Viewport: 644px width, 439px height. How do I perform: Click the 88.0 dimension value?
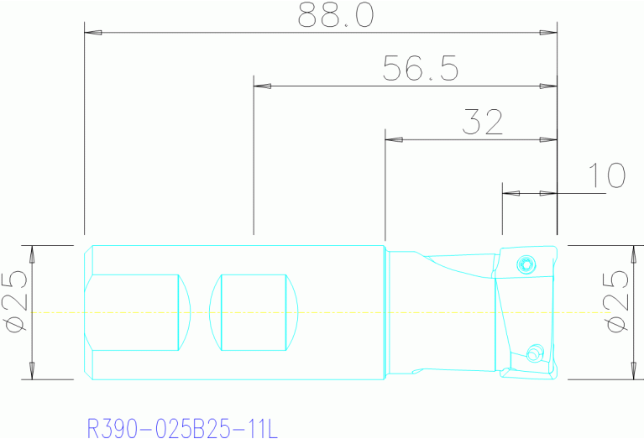pyautogui.click(x=336, y=16)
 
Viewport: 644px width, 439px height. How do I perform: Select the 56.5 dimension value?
pyautogui.click(x=420, y=69)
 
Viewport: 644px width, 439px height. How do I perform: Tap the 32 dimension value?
pyautogui.click(x=481, y=123)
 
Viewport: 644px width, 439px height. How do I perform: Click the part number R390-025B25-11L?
pyautogui.click(x=181, y=428)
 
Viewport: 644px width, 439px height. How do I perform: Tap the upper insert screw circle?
pyautogui.click(x=526, y=264)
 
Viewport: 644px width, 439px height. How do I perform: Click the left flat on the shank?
pyautogui.click(x=139, y=312)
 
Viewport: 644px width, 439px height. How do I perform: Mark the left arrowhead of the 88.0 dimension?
pyautogui.click(x=93, y=34)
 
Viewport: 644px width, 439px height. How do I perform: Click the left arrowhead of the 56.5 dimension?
pyautogui.click(x=262, y=86)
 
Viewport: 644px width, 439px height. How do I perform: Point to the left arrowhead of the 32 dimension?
pyautogui.click(x=393, y=138)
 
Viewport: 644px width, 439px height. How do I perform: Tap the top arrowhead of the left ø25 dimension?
pyautogui.click(x=33, y=253)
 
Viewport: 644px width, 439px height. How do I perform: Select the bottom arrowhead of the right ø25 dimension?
pyautogui.click(x=634, y=371)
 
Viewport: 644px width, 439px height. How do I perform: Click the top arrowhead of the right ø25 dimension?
pyautogui.click(x=634, y=253)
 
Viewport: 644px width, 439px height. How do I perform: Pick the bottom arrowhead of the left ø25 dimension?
pyautogui.click(x=33, y=371)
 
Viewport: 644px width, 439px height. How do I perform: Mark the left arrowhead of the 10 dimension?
pyautogui.click(x=510, y=193)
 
